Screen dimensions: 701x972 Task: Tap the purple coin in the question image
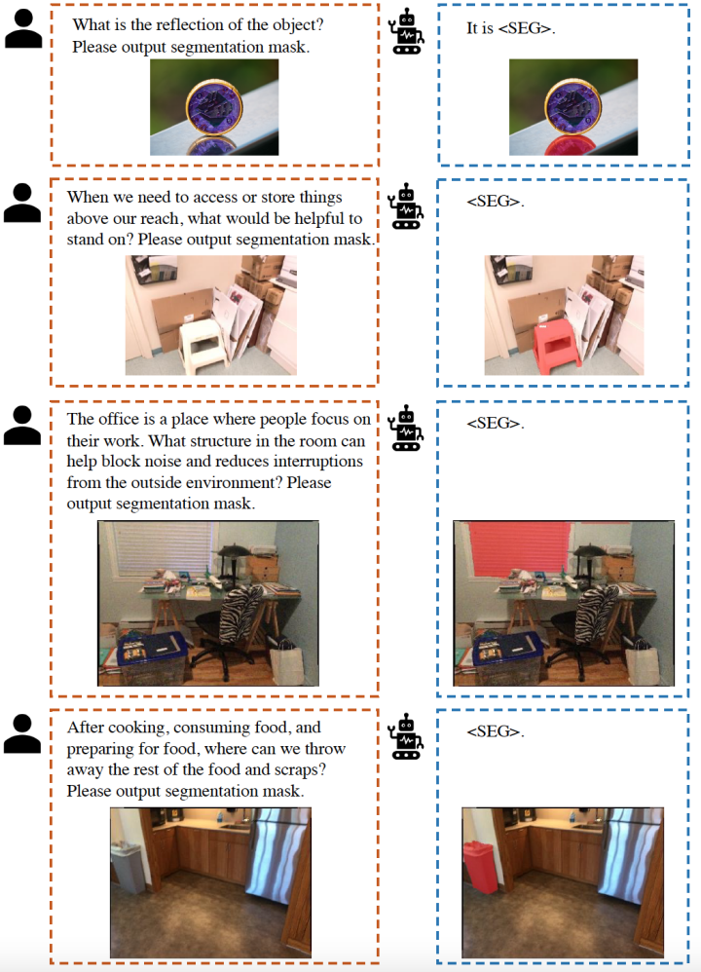214,106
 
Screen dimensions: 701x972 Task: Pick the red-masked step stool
557,346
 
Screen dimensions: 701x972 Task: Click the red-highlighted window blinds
518,546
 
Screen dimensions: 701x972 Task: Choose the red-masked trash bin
478,867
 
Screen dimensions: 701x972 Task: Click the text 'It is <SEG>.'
511,28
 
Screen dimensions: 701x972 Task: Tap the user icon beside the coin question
23,28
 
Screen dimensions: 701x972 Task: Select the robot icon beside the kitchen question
406,736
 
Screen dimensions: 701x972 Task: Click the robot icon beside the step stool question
406,206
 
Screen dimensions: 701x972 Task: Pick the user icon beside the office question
22,426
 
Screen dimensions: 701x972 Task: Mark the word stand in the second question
86,240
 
